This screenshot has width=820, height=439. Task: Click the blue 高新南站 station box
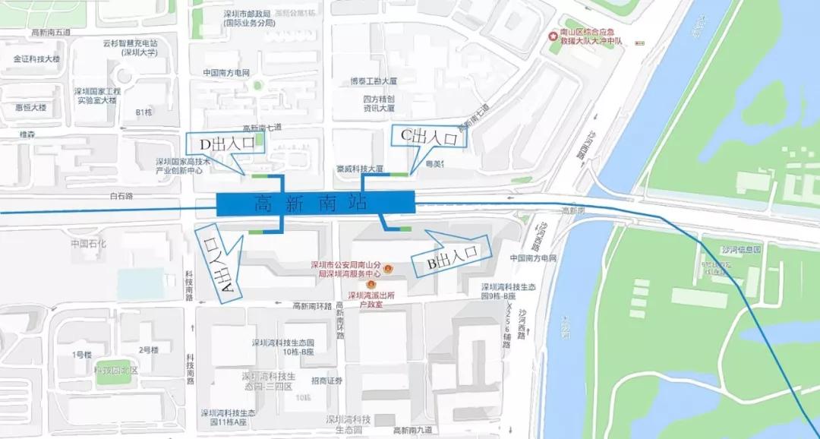(x=315, y=203)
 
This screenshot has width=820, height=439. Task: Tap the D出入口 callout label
(x=225, y=144)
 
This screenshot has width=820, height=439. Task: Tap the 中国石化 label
(x=89, y=244)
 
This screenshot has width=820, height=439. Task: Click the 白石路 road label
(x=121, y=196)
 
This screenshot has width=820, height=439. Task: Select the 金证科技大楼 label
(x=36, y=58)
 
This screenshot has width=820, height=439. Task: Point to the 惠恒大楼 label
(x=30, y=107)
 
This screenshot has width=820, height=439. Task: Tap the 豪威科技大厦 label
(x=359, y=169)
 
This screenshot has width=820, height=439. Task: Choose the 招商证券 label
(x=327, y=381)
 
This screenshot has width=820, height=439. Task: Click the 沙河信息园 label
(x=741, y=249)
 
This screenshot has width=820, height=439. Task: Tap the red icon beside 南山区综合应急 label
(x=553, y=36)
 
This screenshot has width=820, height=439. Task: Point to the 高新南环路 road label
(x=313, y=306)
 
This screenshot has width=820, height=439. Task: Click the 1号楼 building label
(x=82, y=355)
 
